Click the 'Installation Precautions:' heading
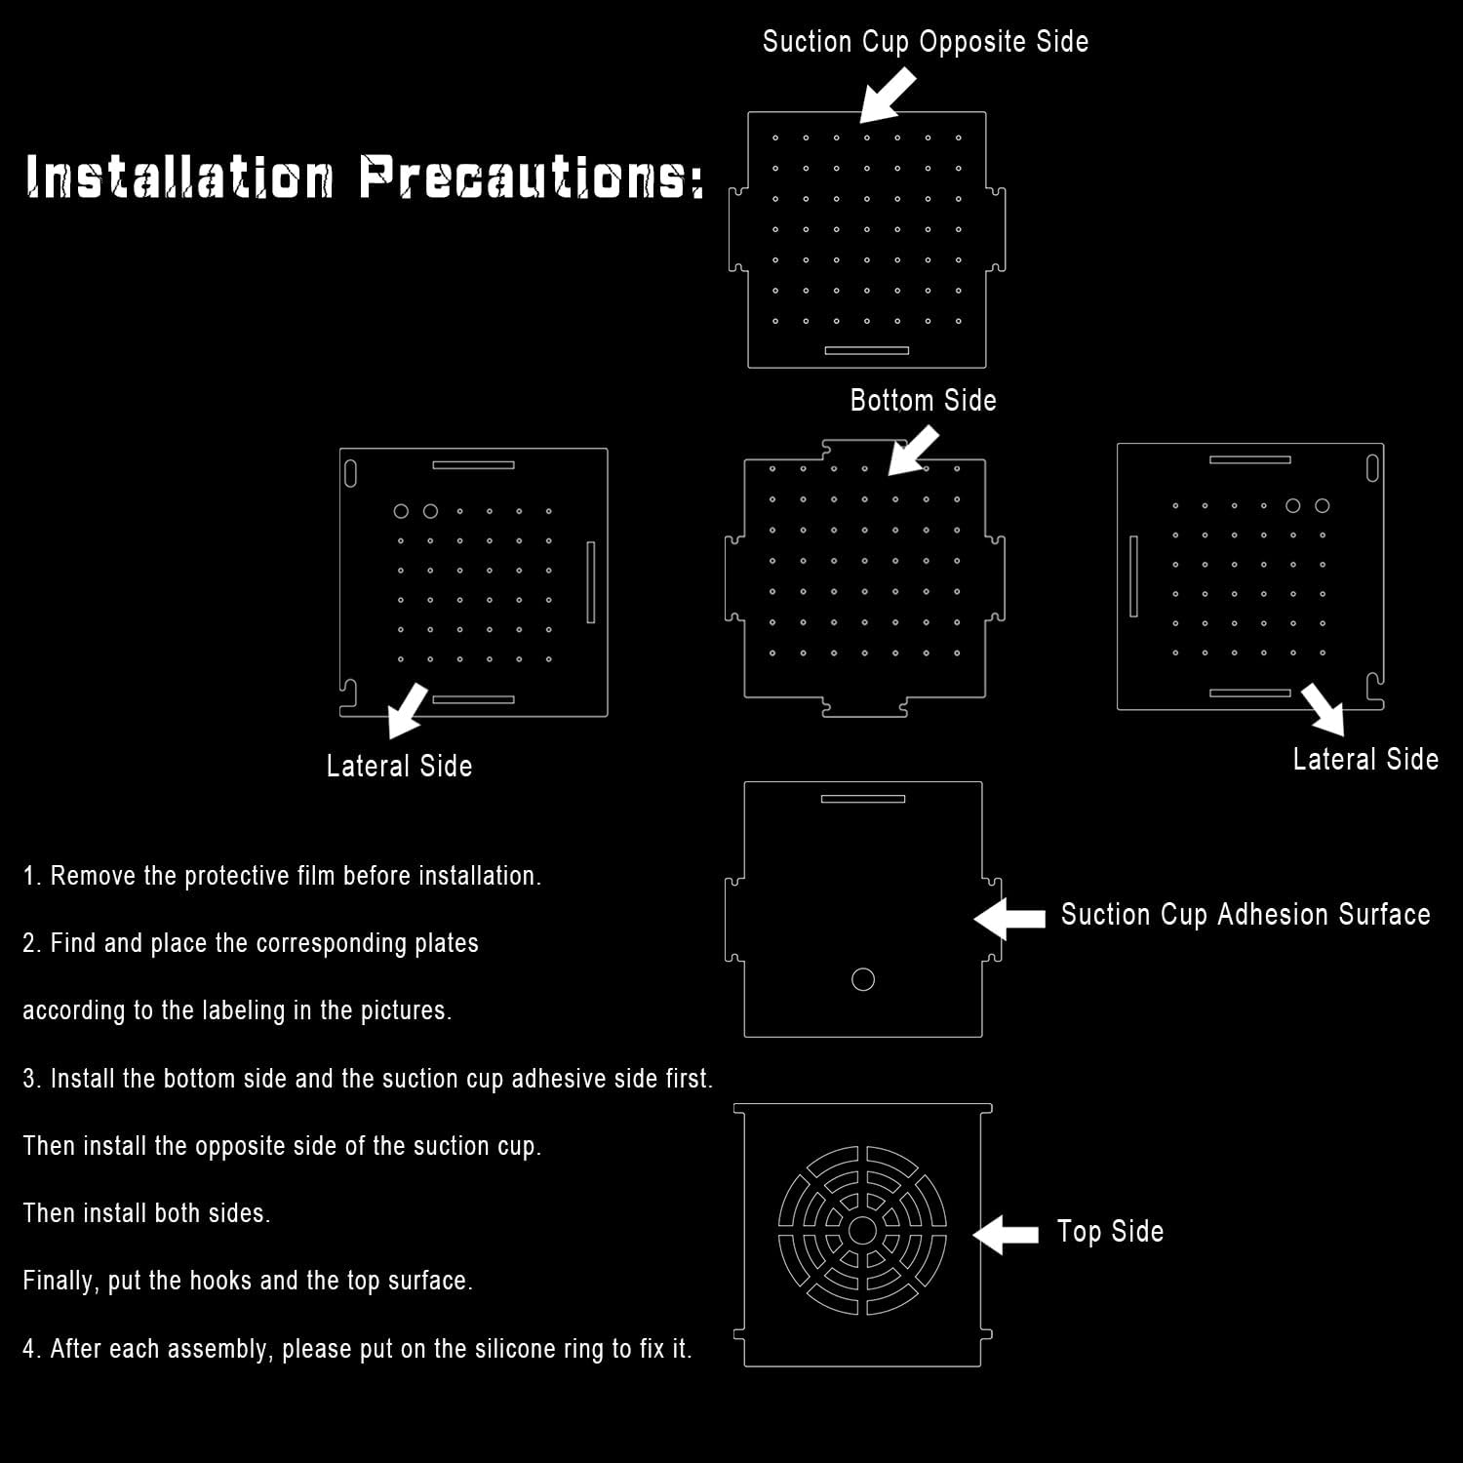[x=364, y=177]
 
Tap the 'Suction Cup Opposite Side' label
[x=925, y=42]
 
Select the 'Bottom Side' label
[x=923, y=400]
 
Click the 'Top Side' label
[x=1110, y=1232]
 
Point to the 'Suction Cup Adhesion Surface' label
[x=1245, y=915]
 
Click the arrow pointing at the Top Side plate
[x=1006, y=1234]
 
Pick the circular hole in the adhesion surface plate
[x=863, y=979]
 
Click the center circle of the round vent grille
[x=862, y=1231]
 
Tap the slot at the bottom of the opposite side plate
[x=866, y=350]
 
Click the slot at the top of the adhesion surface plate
[x=863, y=799]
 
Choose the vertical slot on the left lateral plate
[x=590, y=581]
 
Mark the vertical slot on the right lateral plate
[x=1133, y=575]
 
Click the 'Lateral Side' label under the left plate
[x=399, y=767]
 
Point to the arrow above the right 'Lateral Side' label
[x=1325, y=708]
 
